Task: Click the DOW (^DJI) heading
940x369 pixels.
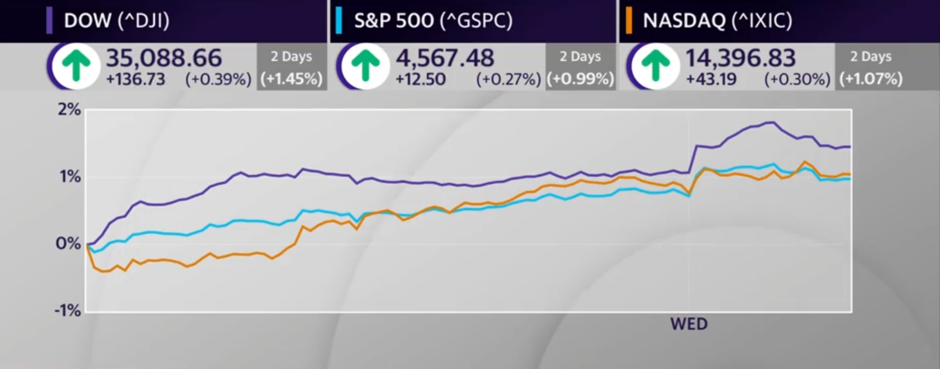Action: point(116,21)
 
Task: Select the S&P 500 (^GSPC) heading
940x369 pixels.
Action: point(433,21)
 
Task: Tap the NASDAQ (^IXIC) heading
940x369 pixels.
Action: point(717,21)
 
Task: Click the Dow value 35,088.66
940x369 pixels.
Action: point(164,58)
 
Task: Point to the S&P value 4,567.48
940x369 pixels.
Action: point(445,58)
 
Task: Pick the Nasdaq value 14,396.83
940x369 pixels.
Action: point(740,58)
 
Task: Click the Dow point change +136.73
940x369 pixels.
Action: point(135,80)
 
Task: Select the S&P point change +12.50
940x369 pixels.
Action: point(420,80)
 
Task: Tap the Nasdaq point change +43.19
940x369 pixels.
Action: point(711,80)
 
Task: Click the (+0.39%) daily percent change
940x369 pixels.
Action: point(218,80)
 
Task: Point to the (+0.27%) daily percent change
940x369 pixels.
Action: point(508,80)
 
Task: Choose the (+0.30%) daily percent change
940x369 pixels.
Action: point(797,80)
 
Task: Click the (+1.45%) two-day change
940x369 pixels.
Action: point(291,79)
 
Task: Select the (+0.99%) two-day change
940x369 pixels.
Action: point(580,79)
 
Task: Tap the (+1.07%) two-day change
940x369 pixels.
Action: point(871,79)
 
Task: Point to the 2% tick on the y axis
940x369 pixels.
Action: point(69,109)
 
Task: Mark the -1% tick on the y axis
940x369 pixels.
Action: point(67,311)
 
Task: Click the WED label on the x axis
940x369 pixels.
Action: point(689,324)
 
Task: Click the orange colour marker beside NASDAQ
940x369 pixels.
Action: point(629,21)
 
